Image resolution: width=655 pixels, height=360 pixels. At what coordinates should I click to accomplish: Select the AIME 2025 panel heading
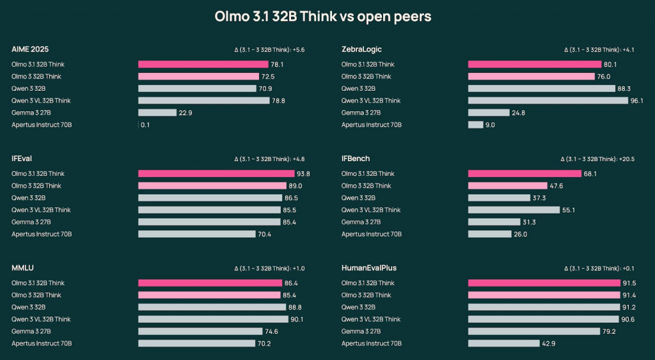click(30, 49)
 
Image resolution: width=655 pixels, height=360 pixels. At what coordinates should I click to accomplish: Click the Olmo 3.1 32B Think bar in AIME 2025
click(203, 65)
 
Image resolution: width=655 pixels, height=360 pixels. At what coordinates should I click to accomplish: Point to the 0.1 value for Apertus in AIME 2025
click(145, 125)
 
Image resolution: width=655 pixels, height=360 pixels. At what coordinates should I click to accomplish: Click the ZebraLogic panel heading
click(361, 49)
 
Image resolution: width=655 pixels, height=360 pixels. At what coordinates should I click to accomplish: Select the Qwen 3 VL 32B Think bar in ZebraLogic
click(548, 100)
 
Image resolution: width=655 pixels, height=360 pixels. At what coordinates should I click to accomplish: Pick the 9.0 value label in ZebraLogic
click(490, 125)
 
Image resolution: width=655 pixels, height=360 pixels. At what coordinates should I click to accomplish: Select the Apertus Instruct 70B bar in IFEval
click(196, 234)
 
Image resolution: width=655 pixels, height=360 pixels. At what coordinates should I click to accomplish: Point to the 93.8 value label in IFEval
click(303, 174)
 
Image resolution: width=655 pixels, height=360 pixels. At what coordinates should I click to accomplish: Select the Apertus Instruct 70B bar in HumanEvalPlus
click(503, 343)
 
